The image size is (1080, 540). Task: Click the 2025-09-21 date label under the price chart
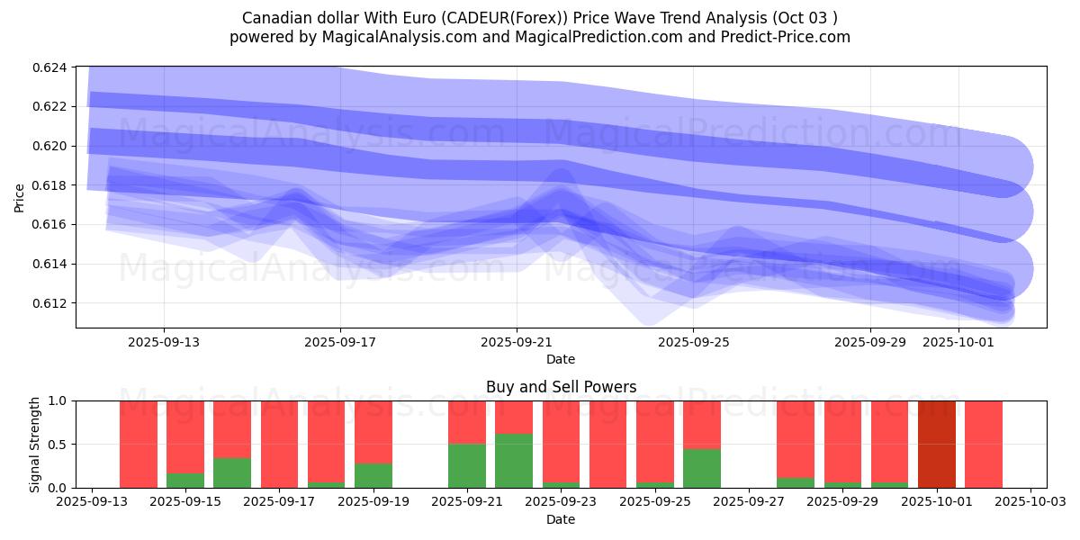(517, 342)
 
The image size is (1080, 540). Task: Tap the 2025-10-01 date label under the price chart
(958, 342)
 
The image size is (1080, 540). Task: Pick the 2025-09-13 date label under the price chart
(164, 342)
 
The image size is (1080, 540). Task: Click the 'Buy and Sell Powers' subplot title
(561, 387)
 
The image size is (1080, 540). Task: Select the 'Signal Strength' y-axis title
(35, 444)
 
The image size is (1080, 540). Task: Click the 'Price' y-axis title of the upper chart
(20, 197)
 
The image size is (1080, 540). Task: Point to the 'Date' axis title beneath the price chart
(561, 359)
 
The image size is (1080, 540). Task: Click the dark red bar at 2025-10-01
(937, 444)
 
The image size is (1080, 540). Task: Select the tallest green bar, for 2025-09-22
(514, 461)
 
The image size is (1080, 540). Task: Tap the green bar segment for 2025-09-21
(467, 465)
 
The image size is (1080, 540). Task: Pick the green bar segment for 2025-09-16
(232, 472)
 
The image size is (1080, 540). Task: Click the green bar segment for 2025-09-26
(702, 468)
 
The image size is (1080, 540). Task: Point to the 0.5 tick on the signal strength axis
(59, 444)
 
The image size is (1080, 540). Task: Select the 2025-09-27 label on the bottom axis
(749, 502)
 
